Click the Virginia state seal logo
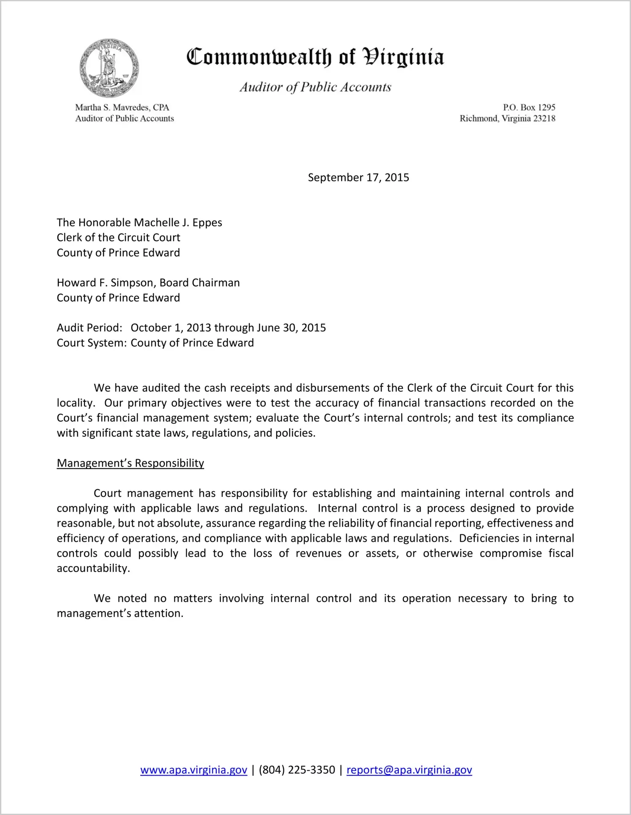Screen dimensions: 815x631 [109, 68]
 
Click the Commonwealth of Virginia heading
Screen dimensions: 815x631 [315, 57]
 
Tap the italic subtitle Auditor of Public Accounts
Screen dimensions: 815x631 [315, 87]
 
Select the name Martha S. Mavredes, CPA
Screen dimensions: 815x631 [122, 108]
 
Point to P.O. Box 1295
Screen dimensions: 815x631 [529, 108]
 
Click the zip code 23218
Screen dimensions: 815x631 [544, 119]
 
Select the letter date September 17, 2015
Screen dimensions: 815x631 [358, 177]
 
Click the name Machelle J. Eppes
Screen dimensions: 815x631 [178, 222]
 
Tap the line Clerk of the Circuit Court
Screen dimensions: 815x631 [119, 238]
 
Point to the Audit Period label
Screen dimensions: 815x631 [90, 328]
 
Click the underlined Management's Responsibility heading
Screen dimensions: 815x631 [131, 463]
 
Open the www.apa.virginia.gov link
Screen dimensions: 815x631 [193, 770]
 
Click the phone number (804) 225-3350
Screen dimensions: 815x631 [297, 770]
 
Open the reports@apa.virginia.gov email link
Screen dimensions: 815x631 [409, 770]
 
